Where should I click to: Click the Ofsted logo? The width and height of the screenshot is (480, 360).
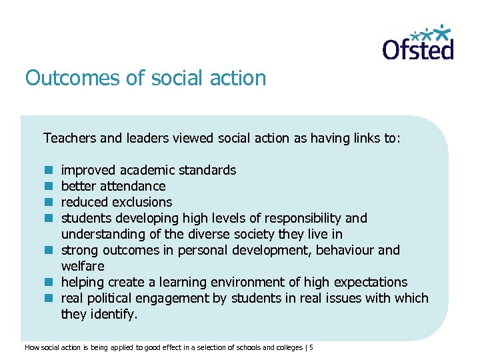click(x=417, y=43)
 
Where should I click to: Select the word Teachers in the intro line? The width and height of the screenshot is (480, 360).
click(x=70, y=138)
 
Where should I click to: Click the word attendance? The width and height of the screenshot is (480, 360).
click(x=132, y=186)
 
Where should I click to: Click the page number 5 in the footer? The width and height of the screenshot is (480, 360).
click(x=311, y=347)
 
